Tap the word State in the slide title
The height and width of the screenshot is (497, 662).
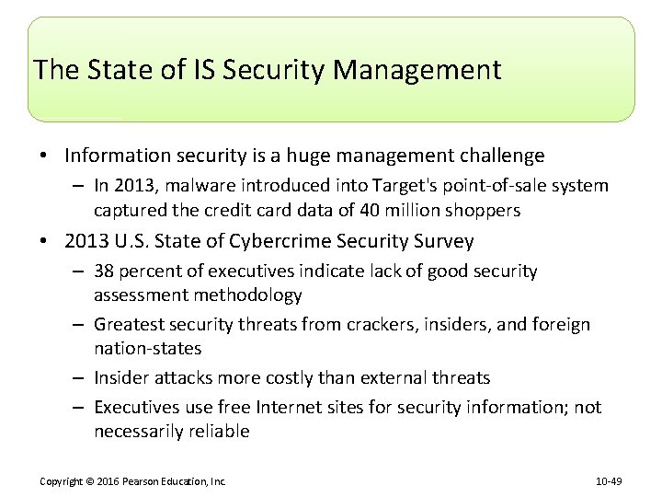pos(109,70)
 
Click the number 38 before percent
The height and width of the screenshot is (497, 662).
pos(105,272)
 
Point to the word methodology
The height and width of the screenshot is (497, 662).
pos(245,295)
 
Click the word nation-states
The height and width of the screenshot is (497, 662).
pos(145,349)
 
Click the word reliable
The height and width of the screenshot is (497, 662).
pos(216,432)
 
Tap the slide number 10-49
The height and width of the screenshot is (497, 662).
pos(609,480)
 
